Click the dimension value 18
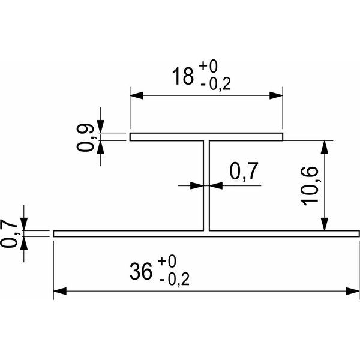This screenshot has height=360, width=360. click(182, 76)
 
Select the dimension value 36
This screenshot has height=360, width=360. click(141, 271)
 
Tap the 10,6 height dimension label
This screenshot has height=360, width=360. click(310, 186)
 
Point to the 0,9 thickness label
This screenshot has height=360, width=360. click(85, 137)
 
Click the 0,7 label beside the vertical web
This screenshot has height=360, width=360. click(244, 171)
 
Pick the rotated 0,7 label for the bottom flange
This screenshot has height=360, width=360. click(9, 233)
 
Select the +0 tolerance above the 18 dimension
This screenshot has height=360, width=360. click(208, 66)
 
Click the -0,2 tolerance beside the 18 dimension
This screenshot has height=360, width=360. click(215, 85)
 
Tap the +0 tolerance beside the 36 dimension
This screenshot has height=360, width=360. click(167, 261)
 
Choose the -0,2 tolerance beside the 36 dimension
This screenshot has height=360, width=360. click(174, 280)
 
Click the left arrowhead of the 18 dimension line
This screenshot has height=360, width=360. click(137, 95)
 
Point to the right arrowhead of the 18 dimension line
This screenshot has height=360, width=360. click(276, 95)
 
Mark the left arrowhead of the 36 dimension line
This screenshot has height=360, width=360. click(60, 291)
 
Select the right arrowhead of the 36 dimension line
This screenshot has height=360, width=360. click(353, 291)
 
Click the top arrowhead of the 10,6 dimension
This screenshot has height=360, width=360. click(324, 147)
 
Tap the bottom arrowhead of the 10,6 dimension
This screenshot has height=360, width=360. click(324, 224)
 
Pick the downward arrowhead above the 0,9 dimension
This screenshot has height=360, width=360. click(100, 127)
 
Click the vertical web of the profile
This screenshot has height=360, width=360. click(206, 185)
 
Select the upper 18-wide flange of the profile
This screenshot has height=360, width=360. click(206, 137)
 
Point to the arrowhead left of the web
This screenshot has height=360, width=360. click(197, 185)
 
